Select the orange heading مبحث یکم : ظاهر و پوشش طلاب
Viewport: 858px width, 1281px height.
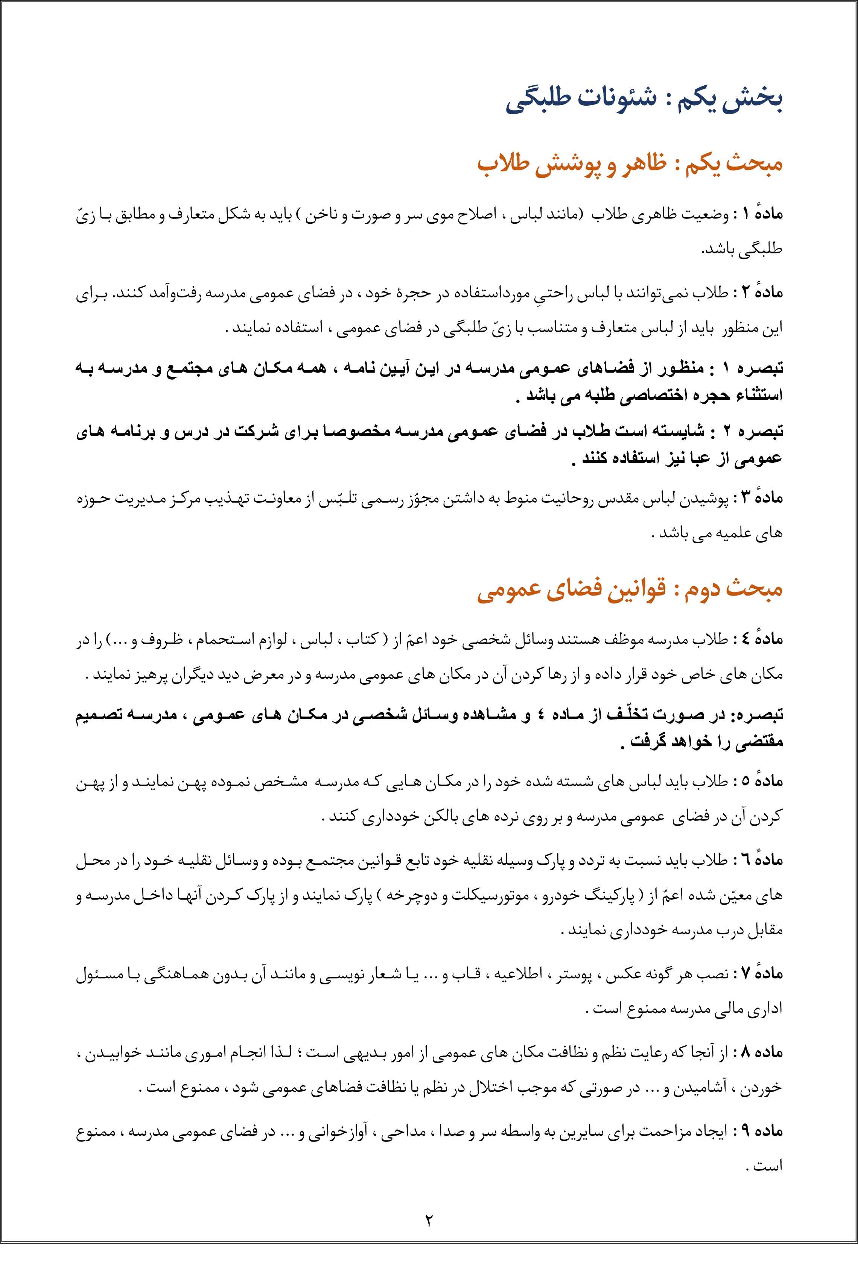click(629, 164)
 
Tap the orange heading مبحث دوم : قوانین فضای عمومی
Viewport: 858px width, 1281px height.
click(629, 590)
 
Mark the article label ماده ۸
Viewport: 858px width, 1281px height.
click(763, 1052)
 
